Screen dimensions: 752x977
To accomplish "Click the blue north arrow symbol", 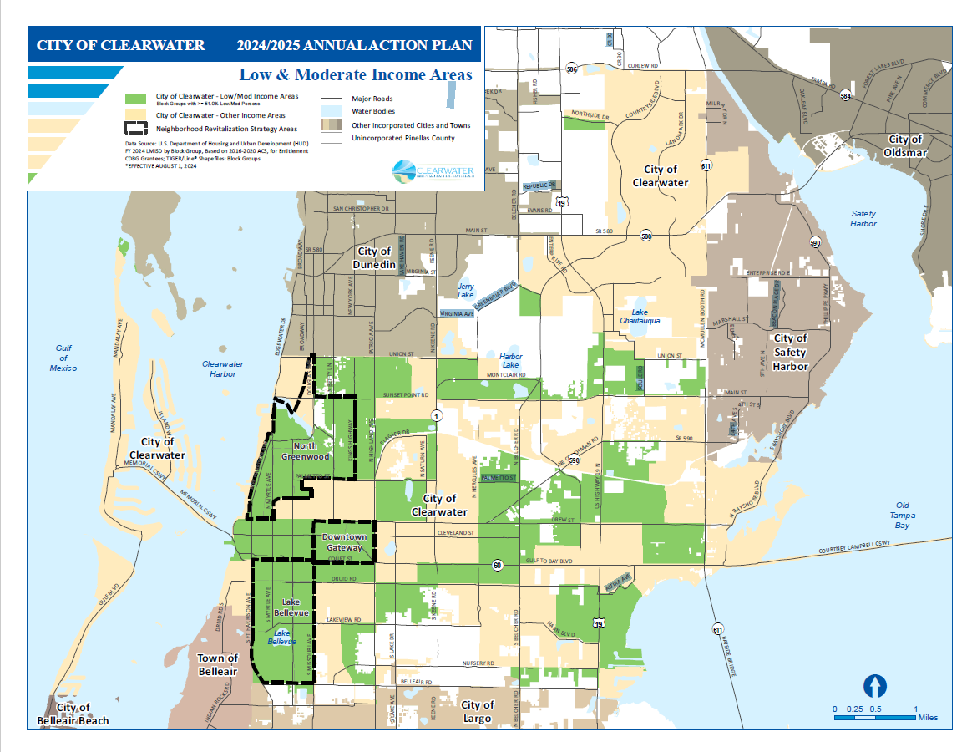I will (x=874, y=686).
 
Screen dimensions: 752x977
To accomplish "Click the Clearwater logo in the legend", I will (x=433, y=171).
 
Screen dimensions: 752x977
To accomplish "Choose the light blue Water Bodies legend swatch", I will (x=334, y=111).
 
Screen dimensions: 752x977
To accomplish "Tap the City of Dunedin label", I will (x=374, y=257).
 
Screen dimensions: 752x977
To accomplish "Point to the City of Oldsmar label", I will (x=905, y=145).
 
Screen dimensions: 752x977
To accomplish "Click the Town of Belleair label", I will (x=217, y=664).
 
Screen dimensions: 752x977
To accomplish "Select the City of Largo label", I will (x=478, y=711).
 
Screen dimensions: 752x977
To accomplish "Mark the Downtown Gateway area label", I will (x=344, y=542).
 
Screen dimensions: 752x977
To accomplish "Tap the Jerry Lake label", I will (x=465, y=290).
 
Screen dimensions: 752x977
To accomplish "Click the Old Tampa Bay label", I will (x=902, y=516).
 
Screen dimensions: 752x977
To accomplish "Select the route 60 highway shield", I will (x=497, y=566).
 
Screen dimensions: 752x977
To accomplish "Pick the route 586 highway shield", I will (x=571, y=69).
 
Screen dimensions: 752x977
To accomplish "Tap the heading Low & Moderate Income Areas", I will (x=356, y=75).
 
